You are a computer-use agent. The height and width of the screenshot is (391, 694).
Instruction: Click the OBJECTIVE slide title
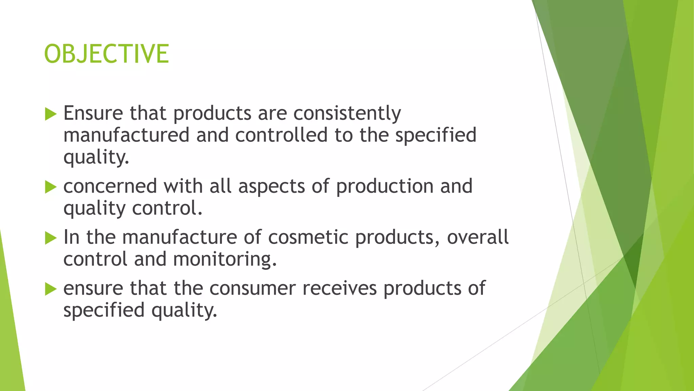[x=106, y=54]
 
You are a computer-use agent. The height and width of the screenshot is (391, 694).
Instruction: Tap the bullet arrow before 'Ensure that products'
[x=50, y=114]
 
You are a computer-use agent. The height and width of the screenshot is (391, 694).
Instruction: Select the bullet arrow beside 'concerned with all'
[x=50, y=187]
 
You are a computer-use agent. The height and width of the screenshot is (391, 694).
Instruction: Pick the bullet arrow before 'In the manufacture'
[x=50, y=238]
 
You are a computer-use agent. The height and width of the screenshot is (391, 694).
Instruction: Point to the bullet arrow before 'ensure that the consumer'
[x=50, y=289]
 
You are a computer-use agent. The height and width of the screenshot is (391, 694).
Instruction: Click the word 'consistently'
[x=347, y=113]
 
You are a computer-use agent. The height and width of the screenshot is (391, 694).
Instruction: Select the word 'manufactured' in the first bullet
[x=126, y=135]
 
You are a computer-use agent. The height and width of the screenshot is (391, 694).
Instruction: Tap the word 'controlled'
[x=281, y=135]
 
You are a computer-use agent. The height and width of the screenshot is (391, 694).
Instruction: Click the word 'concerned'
[x=110, y=186]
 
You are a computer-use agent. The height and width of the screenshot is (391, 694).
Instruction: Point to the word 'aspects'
[x=271, y=186]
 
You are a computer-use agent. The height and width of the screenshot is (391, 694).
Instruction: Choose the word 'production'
[x=385, y=186]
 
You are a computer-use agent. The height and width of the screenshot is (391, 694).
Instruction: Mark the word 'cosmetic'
[x=308, y=237]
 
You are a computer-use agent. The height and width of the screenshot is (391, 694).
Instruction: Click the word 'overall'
[x=477, y=237]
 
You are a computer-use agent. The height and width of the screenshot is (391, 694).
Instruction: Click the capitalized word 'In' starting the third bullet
[x=71, y=237]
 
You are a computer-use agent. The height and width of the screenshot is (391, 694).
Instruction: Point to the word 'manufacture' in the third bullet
[x=180, y=237]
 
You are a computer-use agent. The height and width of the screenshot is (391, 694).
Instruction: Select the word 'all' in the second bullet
[x=220, y=186]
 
